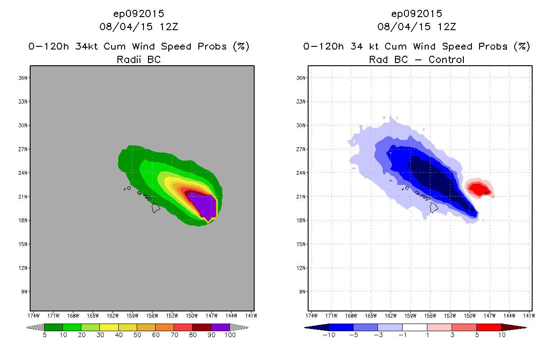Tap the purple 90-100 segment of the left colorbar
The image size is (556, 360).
[x=220, y=327]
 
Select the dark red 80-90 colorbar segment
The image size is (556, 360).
[x=202, y=327]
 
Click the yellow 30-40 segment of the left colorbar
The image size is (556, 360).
[x=109, y=327]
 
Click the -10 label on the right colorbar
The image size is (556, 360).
[x=328, y=335]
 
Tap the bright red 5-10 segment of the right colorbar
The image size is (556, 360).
[x=489, y=327]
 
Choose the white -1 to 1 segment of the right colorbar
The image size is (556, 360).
[x=414, y=327]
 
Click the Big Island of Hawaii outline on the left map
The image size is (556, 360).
[x=156, y=207]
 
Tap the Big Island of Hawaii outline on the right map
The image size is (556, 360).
[x=434, y=207]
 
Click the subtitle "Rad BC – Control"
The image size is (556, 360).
[x=417, y=59]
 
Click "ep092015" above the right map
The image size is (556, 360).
[x=417, y=14]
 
